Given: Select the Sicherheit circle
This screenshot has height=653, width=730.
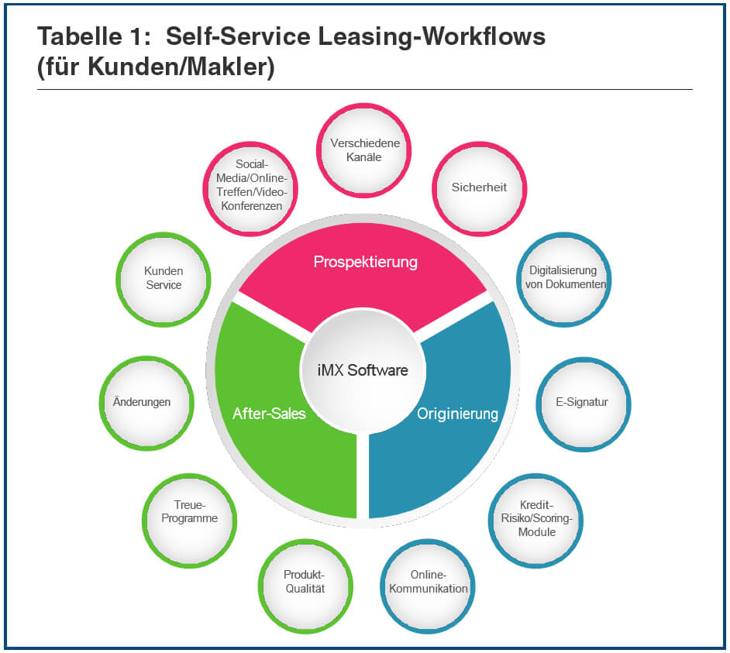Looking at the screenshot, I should (479, 188).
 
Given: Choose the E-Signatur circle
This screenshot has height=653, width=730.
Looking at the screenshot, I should (582, 403).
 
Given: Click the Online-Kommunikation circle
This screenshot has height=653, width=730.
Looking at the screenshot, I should (429, 583).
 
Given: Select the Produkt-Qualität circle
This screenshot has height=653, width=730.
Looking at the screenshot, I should (304, 583).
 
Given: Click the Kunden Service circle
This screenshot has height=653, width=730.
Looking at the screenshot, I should (164, 279).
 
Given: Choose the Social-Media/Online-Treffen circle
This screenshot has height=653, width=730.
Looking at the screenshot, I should (251, 186).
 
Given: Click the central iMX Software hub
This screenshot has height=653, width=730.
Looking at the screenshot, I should (363, 370).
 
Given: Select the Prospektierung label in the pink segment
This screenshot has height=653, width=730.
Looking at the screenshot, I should (365, 263).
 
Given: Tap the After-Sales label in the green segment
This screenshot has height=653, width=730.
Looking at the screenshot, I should (269, 414).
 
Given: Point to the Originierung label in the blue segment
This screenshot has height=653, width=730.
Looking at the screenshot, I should (457, 414).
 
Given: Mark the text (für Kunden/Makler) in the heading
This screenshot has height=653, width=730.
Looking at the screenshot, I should (156, 68).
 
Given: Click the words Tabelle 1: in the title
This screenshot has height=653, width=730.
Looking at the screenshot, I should (91, 36).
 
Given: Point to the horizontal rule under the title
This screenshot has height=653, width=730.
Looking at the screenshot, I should (364, 90).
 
